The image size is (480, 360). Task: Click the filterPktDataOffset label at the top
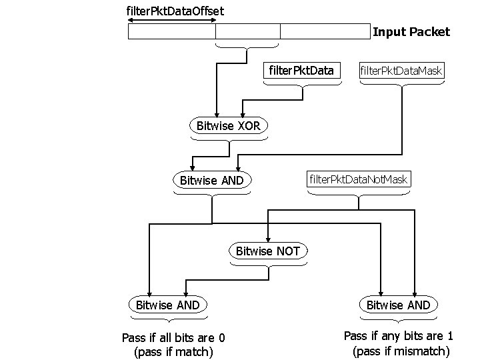(x=175, y=11)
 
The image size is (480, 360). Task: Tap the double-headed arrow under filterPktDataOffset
(x=171, y=21)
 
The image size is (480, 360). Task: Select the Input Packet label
(x=411, y=31)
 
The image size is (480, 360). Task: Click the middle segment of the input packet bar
(x=248, y=32)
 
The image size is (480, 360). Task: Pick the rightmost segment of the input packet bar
(x=325, y=32)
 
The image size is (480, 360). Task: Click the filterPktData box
(x=301, y=70)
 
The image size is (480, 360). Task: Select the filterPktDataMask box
(x=401, y=70)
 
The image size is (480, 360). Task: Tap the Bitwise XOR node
(x=229, y=125)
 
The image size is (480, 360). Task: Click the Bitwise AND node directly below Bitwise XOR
(x=212, y=180)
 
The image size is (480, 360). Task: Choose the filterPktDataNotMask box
(x=359, y=179)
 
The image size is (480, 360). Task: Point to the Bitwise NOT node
(x=268, y=251)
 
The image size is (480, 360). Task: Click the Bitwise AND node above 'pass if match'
(x=167, y=305)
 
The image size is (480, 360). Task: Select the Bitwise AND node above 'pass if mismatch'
(x=398, y=305)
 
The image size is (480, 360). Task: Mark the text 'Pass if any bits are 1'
(x=398, y=336)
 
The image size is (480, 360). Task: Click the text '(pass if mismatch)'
(x=401, y=351)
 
